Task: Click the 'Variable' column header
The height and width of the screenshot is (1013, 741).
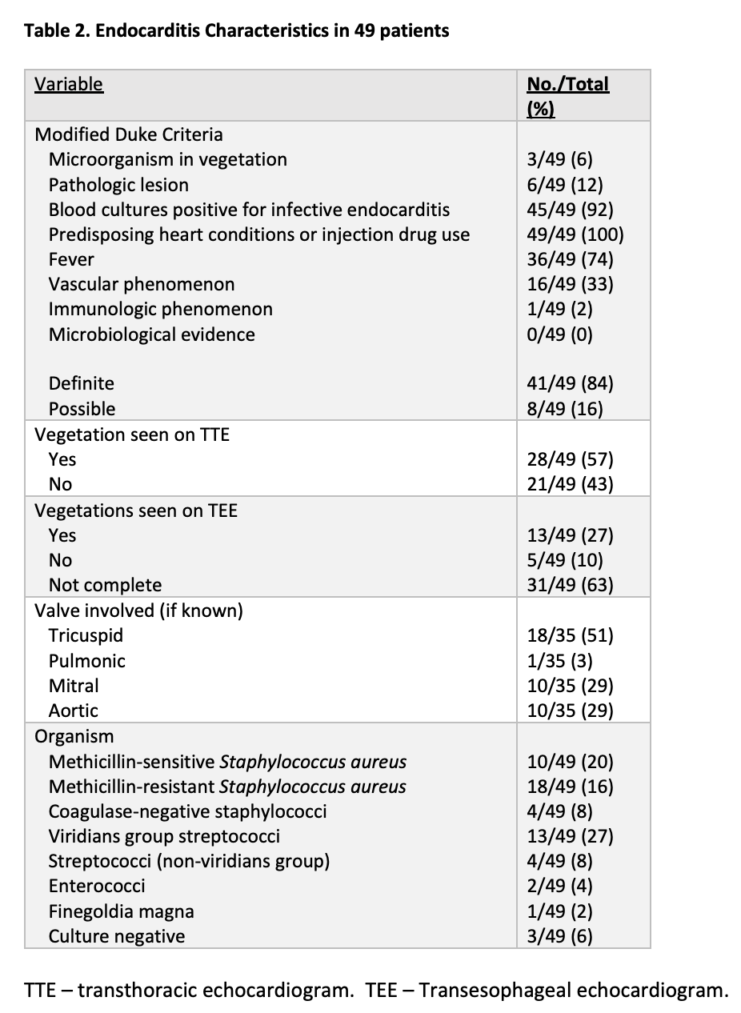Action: point(69,84)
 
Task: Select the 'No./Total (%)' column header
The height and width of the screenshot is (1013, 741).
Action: point(567,95)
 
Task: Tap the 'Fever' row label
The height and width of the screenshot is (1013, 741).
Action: point(71,259)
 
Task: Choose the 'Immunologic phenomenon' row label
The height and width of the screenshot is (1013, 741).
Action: point(160,309)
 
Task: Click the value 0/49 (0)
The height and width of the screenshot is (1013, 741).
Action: point(560,334)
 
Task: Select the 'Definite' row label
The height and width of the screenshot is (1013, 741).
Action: point(81,383)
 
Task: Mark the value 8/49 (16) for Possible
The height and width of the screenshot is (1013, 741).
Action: point(565,409)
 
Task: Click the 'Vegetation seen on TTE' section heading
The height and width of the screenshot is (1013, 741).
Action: point(131,434)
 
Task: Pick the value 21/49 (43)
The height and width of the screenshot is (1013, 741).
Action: point(570,484)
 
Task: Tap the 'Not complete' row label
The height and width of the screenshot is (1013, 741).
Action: point(105,585)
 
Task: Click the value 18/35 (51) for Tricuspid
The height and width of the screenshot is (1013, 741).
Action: point(570,635)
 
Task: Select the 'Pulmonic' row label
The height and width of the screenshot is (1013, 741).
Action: point(86,661)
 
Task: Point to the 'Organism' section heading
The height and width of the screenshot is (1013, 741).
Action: point(74,736)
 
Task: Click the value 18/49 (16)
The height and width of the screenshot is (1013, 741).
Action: point(570,787)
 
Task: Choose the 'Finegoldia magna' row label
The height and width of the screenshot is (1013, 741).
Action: point(121,911)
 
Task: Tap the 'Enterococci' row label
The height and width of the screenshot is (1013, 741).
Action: point(97,886)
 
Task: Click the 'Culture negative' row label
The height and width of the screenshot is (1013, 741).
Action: point(116,936)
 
